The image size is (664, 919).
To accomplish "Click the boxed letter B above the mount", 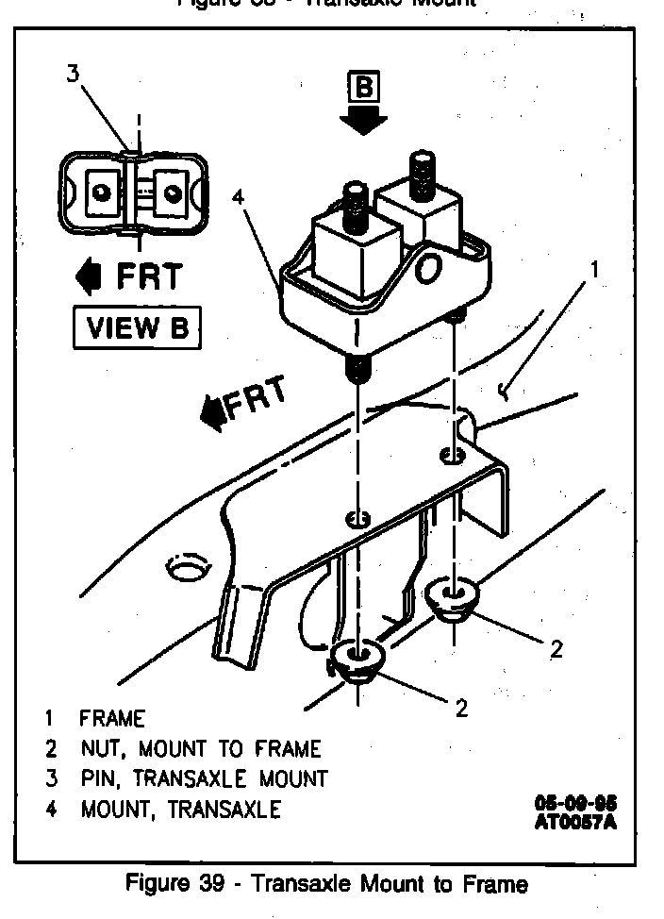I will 365,89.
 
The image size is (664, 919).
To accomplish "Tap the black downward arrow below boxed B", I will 365,120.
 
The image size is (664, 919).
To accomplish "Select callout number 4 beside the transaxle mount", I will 239,197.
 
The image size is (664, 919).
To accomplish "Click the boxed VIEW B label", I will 137,328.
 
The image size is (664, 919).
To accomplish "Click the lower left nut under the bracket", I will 357,660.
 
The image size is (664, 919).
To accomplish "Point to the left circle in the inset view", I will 98,192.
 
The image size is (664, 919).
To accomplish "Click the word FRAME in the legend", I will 112,719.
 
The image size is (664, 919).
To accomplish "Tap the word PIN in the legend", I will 98,778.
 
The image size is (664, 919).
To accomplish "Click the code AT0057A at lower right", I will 577,820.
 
